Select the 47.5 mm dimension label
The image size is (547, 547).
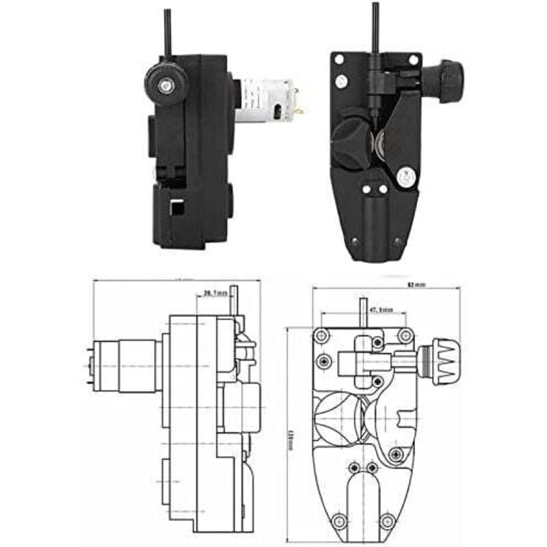coord(381,310)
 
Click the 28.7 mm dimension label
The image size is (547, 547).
coord(215,294)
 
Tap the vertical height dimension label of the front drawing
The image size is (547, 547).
coord(290,438)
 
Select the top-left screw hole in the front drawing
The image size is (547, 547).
coord(320,335)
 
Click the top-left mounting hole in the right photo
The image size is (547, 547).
coord(337,59)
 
